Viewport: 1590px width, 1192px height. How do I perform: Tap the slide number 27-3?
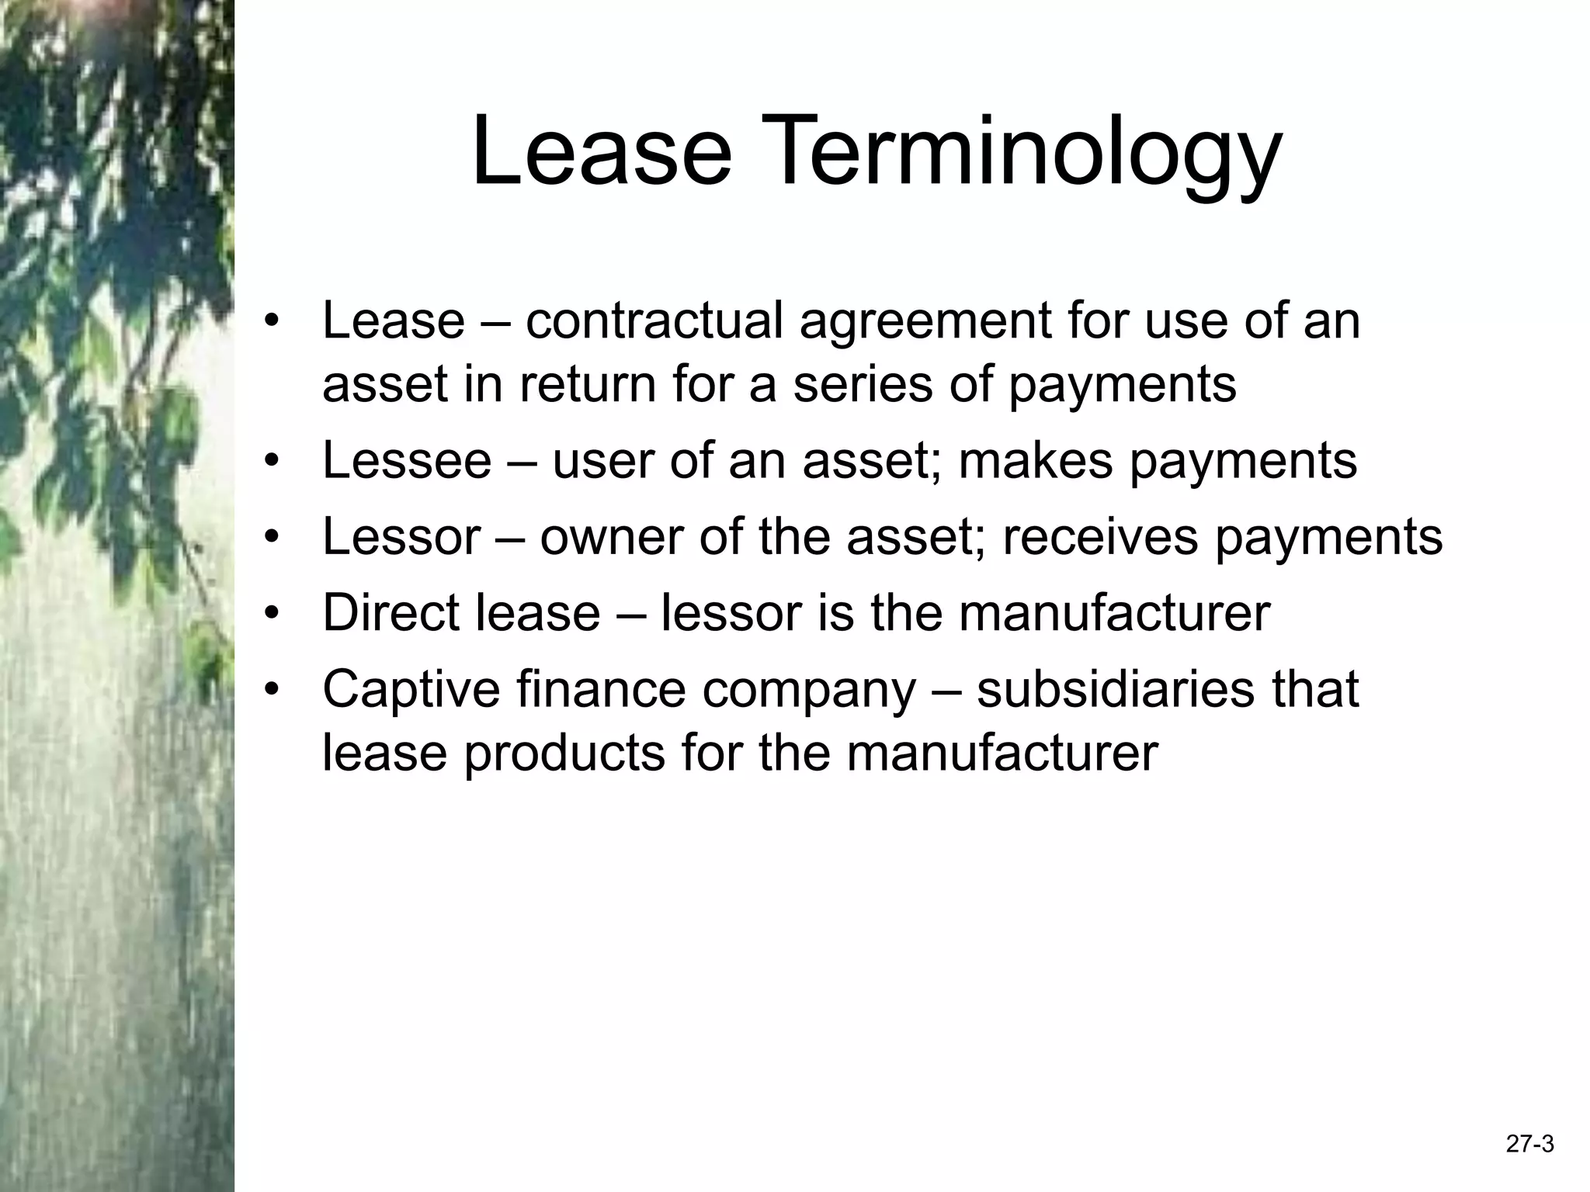tap(1529, 1144)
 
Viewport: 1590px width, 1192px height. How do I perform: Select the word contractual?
tap(654, 321)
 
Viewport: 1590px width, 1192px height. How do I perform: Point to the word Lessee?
tap(406, 460)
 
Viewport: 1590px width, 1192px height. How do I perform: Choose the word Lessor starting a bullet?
tap(401, 536)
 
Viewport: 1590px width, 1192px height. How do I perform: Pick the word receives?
tap(1100, 536)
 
